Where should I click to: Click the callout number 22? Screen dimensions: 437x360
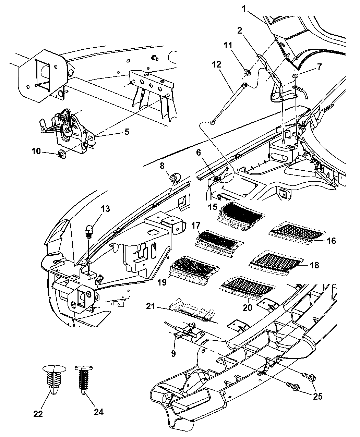point(38,414)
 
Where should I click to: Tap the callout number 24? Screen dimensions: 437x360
point(99,411)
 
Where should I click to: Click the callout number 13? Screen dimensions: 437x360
point(105,208)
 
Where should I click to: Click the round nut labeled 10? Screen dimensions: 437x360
point(62,155)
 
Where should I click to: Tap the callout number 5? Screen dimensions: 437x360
point(127,132)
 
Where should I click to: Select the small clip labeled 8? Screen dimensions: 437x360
point(175,177)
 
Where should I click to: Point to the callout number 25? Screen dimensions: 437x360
point(317,396)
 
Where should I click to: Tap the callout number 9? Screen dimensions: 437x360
point(173,353)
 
